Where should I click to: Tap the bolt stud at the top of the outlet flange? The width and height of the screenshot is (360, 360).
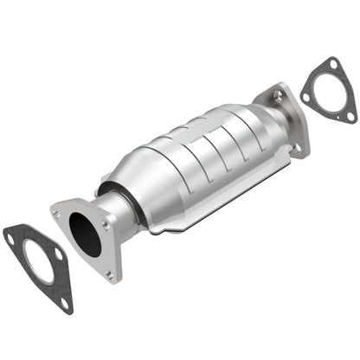[278, 94]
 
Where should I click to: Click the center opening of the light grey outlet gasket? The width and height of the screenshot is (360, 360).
[328, 93]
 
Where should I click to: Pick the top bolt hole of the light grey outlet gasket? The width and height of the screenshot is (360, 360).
[333, 63]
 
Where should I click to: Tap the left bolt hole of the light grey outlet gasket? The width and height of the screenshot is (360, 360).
[306, 96]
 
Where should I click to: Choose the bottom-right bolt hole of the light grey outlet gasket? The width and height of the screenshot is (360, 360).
[349, 117]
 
